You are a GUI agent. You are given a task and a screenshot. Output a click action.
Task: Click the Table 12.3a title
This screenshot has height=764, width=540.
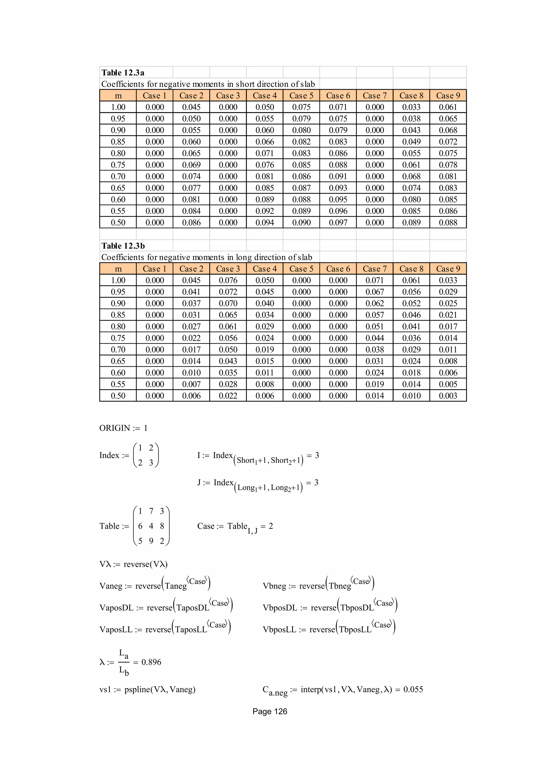coord(123,73)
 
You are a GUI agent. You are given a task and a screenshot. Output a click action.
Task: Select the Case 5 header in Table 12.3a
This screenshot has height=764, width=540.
coord(301,95)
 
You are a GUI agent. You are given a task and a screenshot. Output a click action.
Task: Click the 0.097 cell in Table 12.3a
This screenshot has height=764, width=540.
coord(338,223)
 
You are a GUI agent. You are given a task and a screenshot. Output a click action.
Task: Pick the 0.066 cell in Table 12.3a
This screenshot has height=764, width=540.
coord(264,142)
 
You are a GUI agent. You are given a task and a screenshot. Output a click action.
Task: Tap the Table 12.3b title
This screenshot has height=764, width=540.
coord(123,246)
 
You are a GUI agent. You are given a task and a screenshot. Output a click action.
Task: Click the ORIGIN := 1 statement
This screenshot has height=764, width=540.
coord(123,428)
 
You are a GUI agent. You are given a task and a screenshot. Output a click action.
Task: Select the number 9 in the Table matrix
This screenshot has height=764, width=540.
coord(151,541)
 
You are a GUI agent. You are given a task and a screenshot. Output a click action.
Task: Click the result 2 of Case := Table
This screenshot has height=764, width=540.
coord(271,526)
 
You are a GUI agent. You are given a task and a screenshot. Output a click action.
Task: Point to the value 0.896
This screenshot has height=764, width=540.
coord(151,662)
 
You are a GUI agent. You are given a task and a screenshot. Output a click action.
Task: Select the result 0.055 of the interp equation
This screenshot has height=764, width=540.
coord(413,689)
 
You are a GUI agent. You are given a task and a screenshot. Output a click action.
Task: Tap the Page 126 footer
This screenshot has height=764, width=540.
coord(269,712)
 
